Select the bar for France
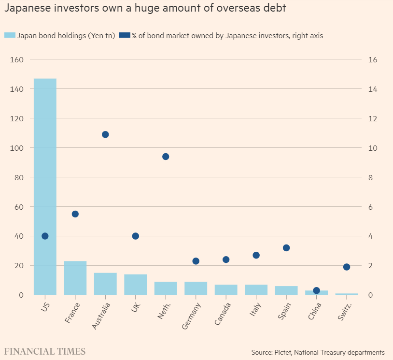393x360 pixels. coord(75,278)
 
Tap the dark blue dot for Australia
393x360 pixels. coord(105,134)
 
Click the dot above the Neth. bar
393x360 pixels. coord(166,157)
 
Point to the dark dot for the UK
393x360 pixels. coord(136,236)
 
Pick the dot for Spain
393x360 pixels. coord(286,248)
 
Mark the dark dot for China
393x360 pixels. coord(316,290)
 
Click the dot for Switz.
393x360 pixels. coord(347,267)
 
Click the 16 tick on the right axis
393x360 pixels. coord(372,59)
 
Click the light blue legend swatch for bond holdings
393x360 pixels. coord(10,35)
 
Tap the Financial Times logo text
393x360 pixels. coord(45,351)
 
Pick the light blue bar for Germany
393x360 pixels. coord(196,288)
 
